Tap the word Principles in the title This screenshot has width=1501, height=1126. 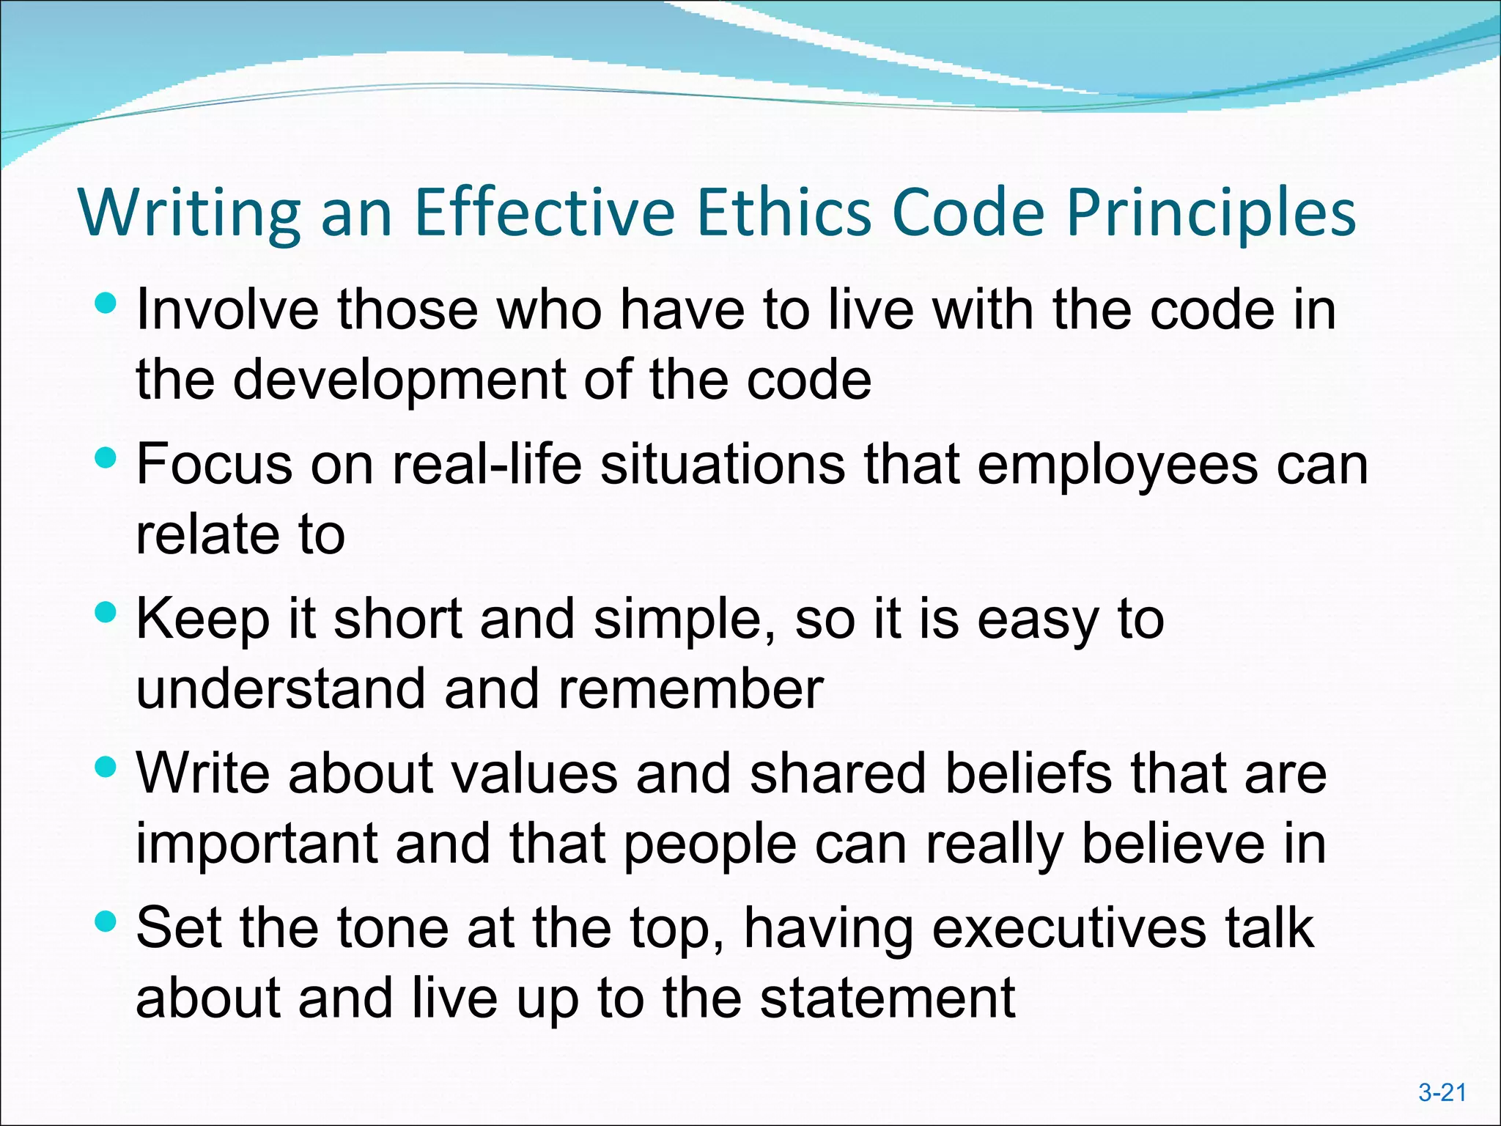[x=1211, y=214]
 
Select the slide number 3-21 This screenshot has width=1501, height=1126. [x=1442, y=1092]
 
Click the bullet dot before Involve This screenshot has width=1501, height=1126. [x=106, y=303]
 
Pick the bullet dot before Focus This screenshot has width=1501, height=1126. [x=106, y=458]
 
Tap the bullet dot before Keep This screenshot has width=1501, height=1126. [x=106, y=613]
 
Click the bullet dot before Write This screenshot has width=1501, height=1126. [x=106, y=768]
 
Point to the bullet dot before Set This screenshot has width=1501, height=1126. [x=106, y=921]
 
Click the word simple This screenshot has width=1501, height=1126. [x=685, y=620]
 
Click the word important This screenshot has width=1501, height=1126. [x=257, y=845]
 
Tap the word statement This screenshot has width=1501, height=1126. [x=887, y=998]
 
